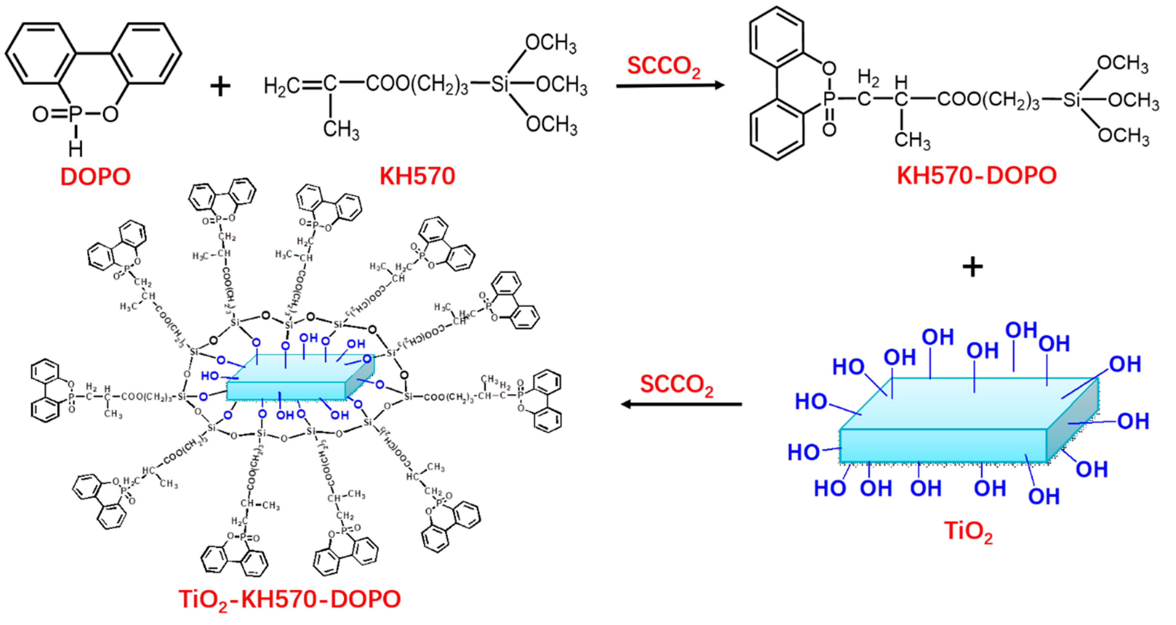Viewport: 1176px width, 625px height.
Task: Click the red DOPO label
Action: (96, 177)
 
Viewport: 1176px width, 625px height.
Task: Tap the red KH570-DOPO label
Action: (976, 175)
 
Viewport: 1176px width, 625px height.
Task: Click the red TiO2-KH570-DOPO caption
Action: (289, 599)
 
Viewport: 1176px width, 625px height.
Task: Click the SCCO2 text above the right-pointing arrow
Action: (663, 67)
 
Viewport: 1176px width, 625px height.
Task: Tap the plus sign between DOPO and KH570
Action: (220, 86)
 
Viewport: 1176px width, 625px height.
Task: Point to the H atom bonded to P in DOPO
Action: (75, 148)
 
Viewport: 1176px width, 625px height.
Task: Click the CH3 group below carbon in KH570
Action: (341, 130)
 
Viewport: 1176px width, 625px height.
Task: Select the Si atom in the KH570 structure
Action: (500, 84)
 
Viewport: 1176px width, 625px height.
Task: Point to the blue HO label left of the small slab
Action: (210, 376)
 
